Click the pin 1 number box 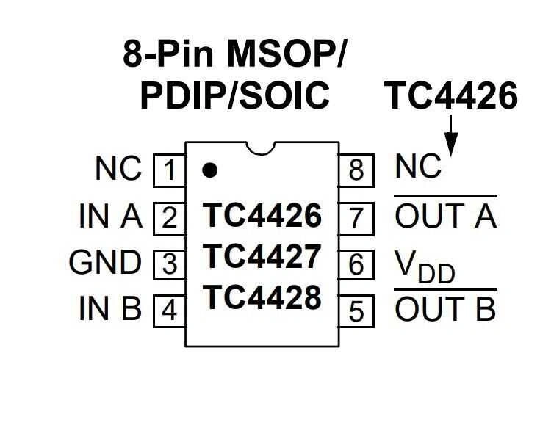pos(169,171)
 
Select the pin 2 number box pos(169,218)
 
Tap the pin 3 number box pos(169,264)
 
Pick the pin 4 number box pos(169,311)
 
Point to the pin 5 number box pos(356,311)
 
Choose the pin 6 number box pos(356,264)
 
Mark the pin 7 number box pos(356,218)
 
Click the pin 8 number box pos(356,171)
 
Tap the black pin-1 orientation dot pos(210,170)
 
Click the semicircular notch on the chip pos(262,146)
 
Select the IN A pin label pos(110,217)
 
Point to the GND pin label pos(104,263)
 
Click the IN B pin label pos(110,310)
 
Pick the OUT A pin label pos(445,216)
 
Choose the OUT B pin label pos(445,310)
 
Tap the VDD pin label pos(425,266)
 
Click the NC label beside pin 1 pos(118,170)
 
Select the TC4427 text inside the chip pos(262,257)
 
